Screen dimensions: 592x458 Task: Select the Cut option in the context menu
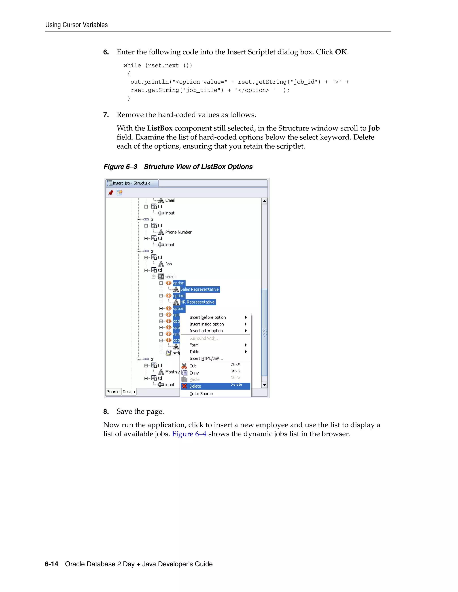click(x=193, y=366)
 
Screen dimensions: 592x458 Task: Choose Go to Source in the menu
click(x=201, y=394)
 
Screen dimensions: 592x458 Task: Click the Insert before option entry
click(x=208, y=317)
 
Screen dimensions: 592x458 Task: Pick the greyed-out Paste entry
click(x=194, y=379)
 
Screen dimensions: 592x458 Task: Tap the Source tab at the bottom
click(x=113, y=392)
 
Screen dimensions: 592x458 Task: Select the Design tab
click(x=129, y=392)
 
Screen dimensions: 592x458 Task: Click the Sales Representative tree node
click(x=199, y=289)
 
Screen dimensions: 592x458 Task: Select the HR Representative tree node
click(x=197, y=302)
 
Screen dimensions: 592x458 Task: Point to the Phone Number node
click(x=178, y=232)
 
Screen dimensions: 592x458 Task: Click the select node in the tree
click(x=170, y=277)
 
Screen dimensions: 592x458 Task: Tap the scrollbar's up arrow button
click(x=264, y=201)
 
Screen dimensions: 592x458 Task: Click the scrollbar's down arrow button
click(x=264, y=385)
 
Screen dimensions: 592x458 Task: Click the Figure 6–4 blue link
click(x=189, y=434)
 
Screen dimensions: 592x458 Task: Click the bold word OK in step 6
click(x=341, y=52)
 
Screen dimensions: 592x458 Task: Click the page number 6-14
click(x=52, y=564)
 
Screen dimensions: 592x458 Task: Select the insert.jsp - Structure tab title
click(x=131, y=183)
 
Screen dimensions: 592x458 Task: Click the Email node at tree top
click(x=170, y=200)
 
